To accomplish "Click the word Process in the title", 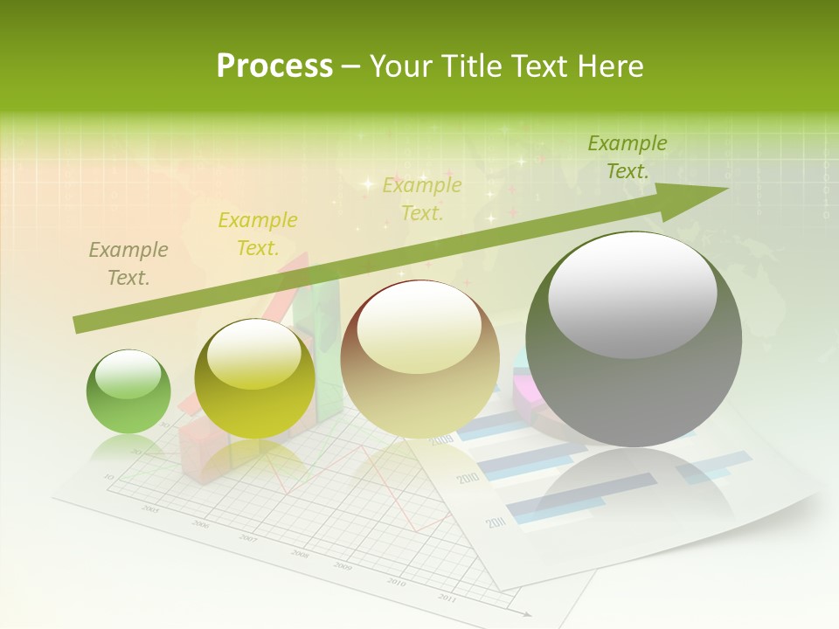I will (x=274, y=66).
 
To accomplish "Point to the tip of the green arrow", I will (x=727, y=189).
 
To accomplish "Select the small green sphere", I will (x=128, y=392).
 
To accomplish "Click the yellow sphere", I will (x=254, y=379).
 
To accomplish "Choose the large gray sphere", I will (x=634, y=340).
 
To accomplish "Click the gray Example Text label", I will (x=128, y=264).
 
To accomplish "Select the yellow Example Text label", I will (x=258, y=234).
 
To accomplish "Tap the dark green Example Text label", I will (x=628, y=157).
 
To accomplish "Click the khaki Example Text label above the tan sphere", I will (x=422, y=198).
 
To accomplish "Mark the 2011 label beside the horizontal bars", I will (x=496, y=522).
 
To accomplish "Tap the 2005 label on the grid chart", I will (x=150, y=508).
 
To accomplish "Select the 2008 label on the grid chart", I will (x=300, y=553).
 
